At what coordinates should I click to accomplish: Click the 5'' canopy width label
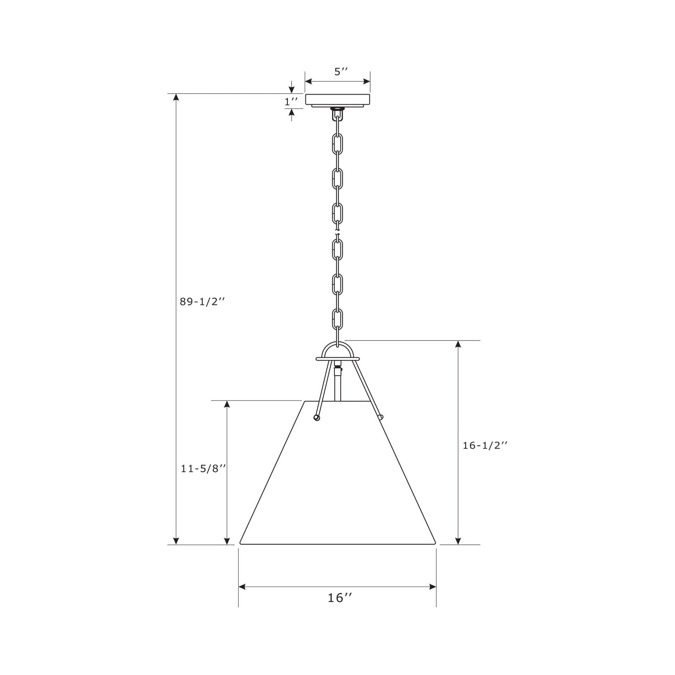tap(341, 72)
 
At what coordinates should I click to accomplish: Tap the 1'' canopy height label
tap(291, 102)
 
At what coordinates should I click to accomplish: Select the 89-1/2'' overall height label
tap(202, 301)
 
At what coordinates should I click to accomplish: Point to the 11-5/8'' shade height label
tap(203, 469)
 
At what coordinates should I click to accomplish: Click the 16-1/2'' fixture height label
tap(485, 445)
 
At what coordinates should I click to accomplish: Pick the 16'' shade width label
tap(339, 598)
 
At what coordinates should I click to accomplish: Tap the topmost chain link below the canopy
tap(337, 144)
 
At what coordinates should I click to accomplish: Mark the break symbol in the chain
tap(337, 232)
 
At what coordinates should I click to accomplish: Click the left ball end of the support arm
tap(317, 418)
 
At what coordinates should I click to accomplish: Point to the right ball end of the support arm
tap(381, 417)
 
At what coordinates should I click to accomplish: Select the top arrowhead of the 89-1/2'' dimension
tap(176, 97)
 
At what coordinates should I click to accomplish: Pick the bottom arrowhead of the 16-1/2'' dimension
tap(458, 541)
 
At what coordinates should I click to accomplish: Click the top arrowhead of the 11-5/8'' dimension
tap(227, 404)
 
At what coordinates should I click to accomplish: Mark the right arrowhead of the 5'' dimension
tap(367, 82)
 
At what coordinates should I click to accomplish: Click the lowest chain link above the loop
tap(337, 319)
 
